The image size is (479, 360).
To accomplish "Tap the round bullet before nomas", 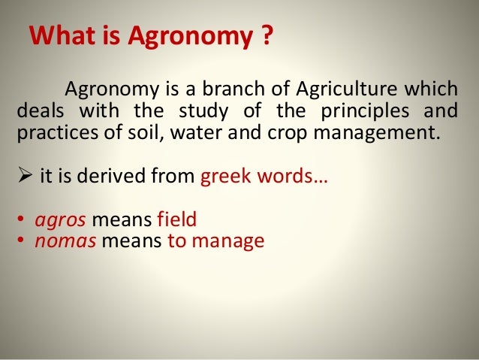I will tap(20, 242).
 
